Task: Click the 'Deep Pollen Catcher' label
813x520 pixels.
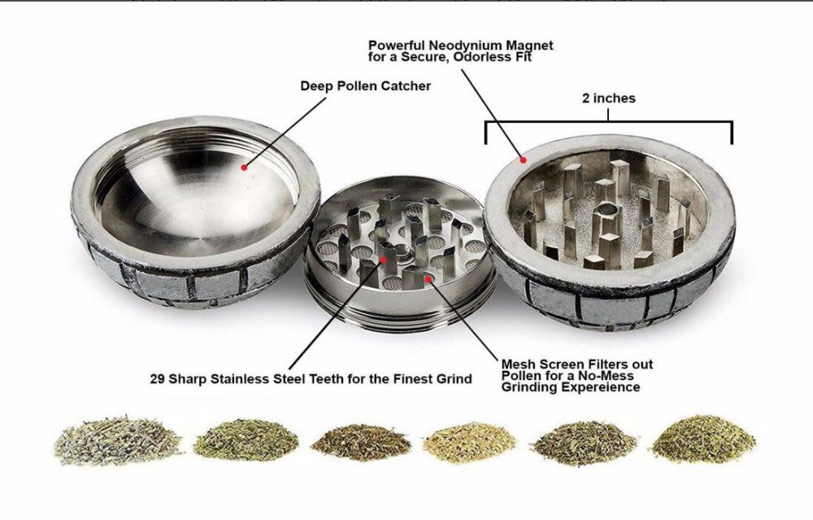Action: pyautogui.click(x=365, y=85)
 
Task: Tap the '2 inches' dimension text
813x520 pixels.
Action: pyautogui.click(x=609, y=98)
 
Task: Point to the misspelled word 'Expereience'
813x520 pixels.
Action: pyautogui.click(x=600, y=388)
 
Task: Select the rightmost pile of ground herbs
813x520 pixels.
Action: pyautogui.click(x=704, y=439)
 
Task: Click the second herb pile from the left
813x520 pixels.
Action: pyautogui.click(x=237, y=440)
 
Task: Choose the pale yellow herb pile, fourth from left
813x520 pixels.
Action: pyautogui.click(x=471, y=441)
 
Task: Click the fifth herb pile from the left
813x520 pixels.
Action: pyautogui.click(x=582, y=443)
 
